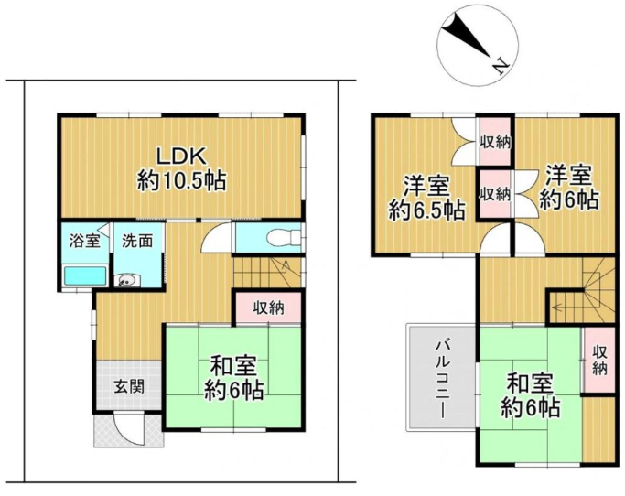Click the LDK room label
181,156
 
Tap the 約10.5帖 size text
182,180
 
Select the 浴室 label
84,241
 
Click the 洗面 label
137,241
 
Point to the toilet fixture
284,238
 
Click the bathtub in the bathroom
85,275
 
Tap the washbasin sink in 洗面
127,281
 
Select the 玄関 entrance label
129,386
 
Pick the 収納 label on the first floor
269,307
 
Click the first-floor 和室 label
233,366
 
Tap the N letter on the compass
501,65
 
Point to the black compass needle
468,34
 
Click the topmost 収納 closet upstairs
494,142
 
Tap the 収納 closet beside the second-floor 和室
599,361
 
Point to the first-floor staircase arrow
286,265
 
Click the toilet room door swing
216,238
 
